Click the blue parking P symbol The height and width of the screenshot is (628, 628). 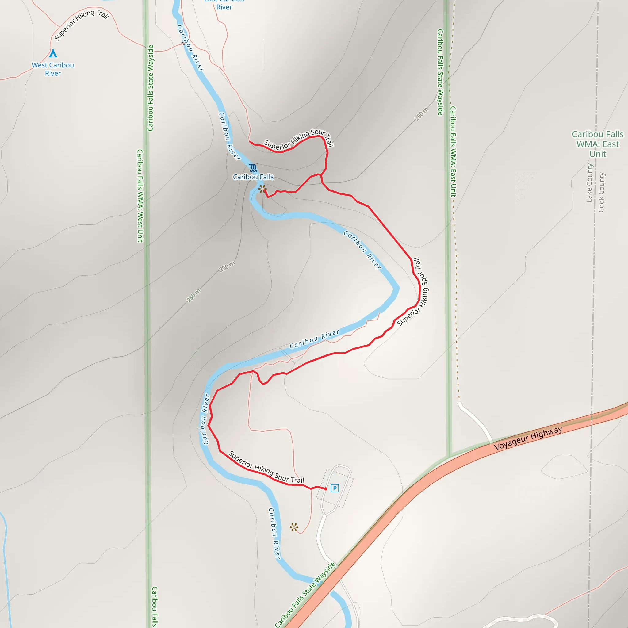click(x=335, y=488)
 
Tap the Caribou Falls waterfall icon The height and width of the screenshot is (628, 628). click(x=253, y=168)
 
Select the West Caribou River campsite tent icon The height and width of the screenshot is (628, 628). click(x=53, y=53)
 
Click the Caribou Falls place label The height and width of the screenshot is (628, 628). click(x=253, y=177)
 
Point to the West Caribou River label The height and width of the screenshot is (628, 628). click(x=53, y=69)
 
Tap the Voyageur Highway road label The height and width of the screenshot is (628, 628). click(x=528, y=438)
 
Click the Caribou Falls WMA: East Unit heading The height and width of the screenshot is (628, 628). click(x=597, y=144)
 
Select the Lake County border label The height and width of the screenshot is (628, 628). click(x=589, y=183)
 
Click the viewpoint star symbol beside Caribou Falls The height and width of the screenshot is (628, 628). click(x=262, y=189)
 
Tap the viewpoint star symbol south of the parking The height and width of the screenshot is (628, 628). click(x=294, y=527)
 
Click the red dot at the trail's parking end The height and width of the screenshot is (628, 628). click(x=326, y=488)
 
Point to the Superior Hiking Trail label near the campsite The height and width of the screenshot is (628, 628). click(x=81, y=25)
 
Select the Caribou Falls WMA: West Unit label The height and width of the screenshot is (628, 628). click(x=140, y=196)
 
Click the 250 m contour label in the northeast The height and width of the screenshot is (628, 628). click(x=422, y=114)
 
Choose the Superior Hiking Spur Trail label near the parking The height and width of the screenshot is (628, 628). click(x=266, y=467)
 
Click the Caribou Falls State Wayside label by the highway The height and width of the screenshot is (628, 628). click(x=304, y=595)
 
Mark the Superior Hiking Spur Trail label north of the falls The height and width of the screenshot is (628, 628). click(x=298, y=139)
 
